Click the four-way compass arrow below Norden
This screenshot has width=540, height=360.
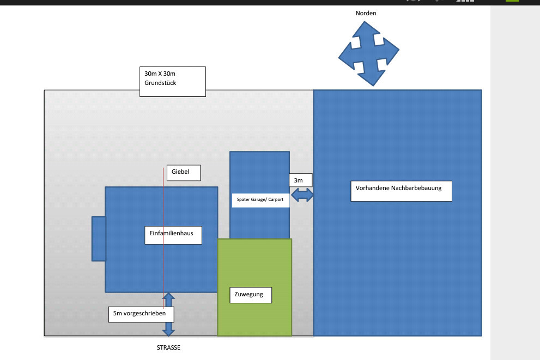tap(369, 53)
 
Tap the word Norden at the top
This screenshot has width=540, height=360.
tap(366, 13)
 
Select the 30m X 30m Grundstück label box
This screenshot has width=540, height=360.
tap(172, 81)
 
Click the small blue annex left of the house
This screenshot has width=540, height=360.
tap(99, 239)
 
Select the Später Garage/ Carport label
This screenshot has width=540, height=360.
tap(260, 200)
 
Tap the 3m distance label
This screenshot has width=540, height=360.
tap(299, 180)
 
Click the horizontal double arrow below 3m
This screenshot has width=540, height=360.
tap(302, 195)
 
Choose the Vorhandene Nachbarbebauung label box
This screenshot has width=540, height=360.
tap(401, 191)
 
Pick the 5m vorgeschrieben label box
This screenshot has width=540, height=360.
tap(141, 314)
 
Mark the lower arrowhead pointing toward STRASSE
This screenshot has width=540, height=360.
tap(168, 330)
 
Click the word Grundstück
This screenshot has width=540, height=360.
tap(160, 83)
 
